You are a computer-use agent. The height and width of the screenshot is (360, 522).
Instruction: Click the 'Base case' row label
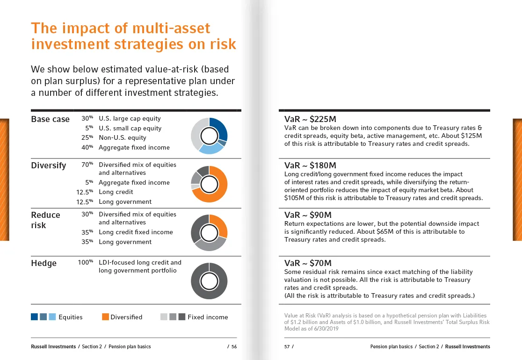coord(50,119)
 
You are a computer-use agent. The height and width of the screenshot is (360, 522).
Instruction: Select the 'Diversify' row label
coord(49,166)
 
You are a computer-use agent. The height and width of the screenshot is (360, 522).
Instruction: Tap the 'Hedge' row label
coord(43,263)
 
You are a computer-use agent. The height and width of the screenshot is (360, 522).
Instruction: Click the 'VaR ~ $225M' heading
coord(310,119)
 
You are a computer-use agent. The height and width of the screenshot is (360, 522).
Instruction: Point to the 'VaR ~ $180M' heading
coord(310,166)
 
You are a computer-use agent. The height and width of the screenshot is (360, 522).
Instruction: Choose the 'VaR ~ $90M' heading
coord(308,215)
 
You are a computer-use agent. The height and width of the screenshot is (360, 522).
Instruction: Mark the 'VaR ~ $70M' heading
coord(308,264)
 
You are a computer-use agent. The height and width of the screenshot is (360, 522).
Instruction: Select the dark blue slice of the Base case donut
coord(220,128)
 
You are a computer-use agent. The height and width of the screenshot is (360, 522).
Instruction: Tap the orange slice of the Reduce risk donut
coord(220,224)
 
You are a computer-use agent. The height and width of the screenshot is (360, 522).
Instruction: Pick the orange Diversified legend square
coord(105,317)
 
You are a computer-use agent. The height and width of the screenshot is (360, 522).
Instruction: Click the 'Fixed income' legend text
coord(208,317)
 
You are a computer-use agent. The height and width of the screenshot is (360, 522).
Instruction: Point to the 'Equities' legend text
coord(70,317)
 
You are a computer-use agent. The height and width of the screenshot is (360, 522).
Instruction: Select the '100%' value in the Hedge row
coord(86,263)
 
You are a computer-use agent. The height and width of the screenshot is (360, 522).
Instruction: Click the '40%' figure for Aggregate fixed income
coord(87,148)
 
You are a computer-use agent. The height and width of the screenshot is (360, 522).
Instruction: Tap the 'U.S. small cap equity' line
coord(130,129)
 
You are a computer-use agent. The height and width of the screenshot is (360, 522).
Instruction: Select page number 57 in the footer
coord(288,347)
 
